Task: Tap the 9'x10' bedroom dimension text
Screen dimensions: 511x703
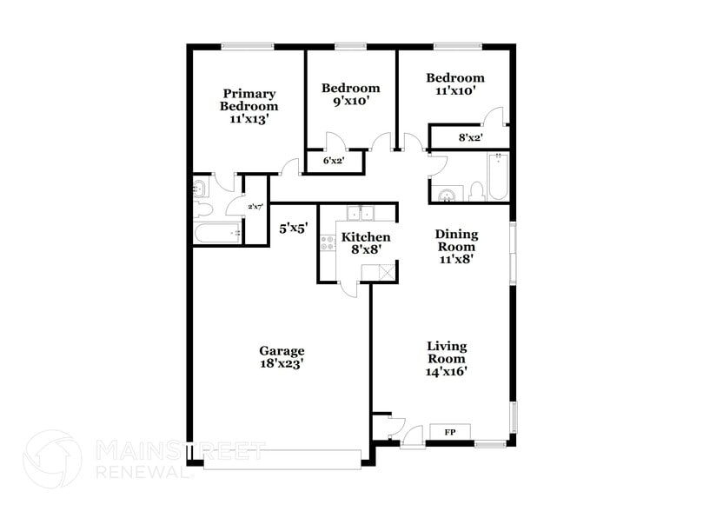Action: point(350,101)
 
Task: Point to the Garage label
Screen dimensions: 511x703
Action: point(282,351)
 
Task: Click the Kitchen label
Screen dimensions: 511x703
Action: point(365,237)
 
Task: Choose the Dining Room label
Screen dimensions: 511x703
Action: point(455,240)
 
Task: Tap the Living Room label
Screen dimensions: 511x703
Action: point(447,352)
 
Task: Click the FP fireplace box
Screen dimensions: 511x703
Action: point(450,431)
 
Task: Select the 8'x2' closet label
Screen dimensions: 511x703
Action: point(470,137)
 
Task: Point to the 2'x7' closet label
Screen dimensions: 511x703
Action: point(255,207)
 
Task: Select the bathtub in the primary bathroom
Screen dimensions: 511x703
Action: point(217,234)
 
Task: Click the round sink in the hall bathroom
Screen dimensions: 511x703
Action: point(446,196)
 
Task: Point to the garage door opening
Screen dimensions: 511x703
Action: point(282,458)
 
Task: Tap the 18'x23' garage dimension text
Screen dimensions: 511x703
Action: point(282,365)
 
